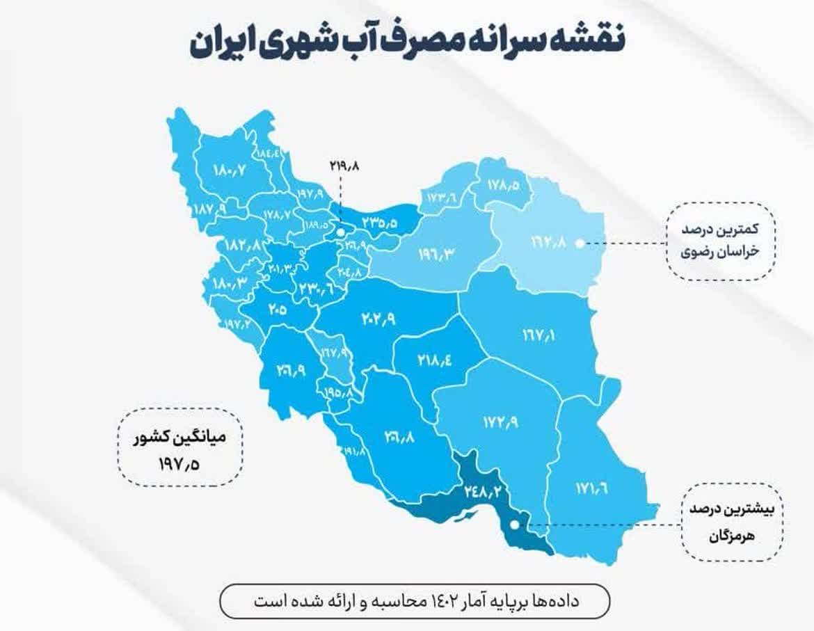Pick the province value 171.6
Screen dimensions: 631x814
(x=591, y=486)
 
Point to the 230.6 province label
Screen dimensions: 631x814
(x=317, y=287)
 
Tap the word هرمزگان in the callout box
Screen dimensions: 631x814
(x=729, y=536)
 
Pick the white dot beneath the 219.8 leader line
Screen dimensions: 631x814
(x=341, y=230)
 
